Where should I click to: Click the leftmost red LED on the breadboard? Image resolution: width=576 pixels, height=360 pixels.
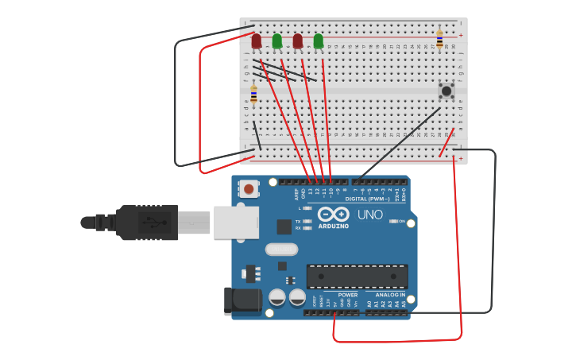256,41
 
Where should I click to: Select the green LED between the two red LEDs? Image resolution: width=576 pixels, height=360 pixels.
276,41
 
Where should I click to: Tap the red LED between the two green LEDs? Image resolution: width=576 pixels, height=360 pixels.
297,41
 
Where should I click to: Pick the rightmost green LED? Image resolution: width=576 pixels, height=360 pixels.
318,41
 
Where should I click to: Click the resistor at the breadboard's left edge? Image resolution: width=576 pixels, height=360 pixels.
253,95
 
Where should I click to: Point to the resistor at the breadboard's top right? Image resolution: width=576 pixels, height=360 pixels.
439,39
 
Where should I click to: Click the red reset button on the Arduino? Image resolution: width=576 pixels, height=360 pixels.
249,189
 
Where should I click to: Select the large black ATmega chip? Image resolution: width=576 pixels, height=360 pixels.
357,277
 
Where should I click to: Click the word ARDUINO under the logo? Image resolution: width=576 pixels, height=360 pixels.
333,226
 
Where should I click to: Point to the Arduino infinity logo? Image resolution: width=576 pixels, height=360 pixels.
333,214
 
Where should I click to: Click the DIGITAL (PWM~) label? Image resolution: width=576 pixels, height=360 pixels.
367,199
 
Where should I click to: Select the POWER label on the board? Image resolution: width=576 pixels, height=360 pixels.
347,295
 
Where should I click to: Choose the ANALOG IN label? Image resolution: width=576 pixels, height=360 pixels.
390,295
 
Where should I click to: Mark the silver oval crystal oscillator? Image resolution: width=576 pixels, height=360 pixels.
280,250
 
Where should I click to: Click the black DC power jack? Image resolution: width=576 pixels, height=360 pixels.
242,300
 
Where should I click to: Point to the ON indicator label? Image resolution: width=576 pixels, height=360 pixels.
401,221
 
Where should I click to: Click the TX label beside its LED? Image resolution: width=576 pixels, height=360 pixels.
298,222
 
